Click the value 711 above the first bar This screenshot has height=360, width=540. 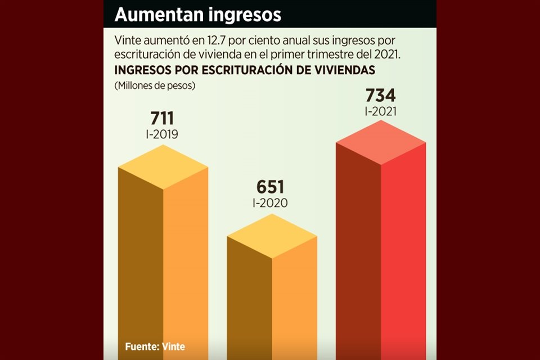tap(162, 119)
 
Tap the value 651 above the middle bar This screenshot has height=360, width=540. tap(271, 187)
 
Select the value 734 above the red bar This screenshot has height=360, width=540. tap(380, 95)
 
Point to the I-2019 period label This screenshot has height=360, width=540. tap(162, 135)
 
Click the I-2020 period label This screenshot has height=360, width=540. tap(271, 203)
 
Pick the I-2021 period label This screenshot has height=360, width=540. tap(380, 111)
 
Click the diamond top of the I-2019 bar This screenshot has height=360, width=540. tap(163, 167)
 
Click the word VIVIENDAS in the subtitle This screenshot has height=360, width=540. tap(344, 70)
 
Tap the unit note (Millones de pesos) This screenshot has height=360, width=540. tap(154, 86)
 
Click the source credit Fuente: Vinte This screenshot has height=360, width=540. tap(155, 346)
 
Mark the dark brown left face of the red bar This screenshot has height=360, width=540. tap(358, 253)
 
